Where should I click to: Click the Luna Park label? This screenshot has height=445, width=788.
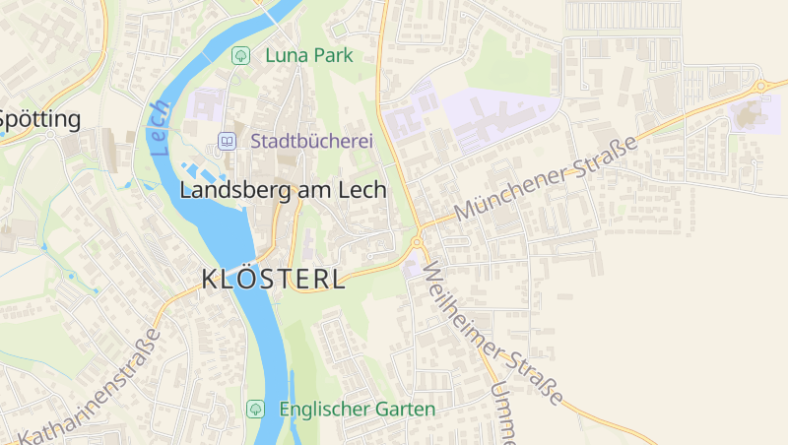308,56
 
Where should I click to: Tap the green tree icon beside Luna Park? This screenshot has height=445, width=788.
239,56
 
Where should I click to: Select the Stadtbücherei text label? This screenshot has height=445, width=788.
311,142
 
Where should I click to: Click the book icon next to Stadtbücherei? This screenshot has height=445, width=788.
228,142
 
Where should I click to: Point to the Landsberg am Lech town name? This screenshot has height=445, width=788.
283,190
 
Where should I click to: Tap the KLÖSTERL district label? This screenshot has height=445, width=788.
273,279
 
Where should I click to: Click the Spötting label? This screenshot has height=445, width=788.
39,120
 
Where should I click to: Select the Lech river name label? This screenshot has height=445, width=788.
162,131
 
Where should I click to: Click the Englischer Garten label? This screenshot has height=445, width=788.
357,409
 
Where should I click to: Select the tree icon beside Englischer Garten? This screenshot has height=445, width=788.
255,408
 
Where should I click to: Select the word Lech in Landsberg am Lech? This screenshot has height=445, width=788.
362,190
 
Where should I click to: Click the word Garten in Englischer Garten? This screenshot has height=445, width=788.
404,409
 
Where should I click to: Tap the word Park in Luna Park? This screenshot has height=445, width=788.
332,56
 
